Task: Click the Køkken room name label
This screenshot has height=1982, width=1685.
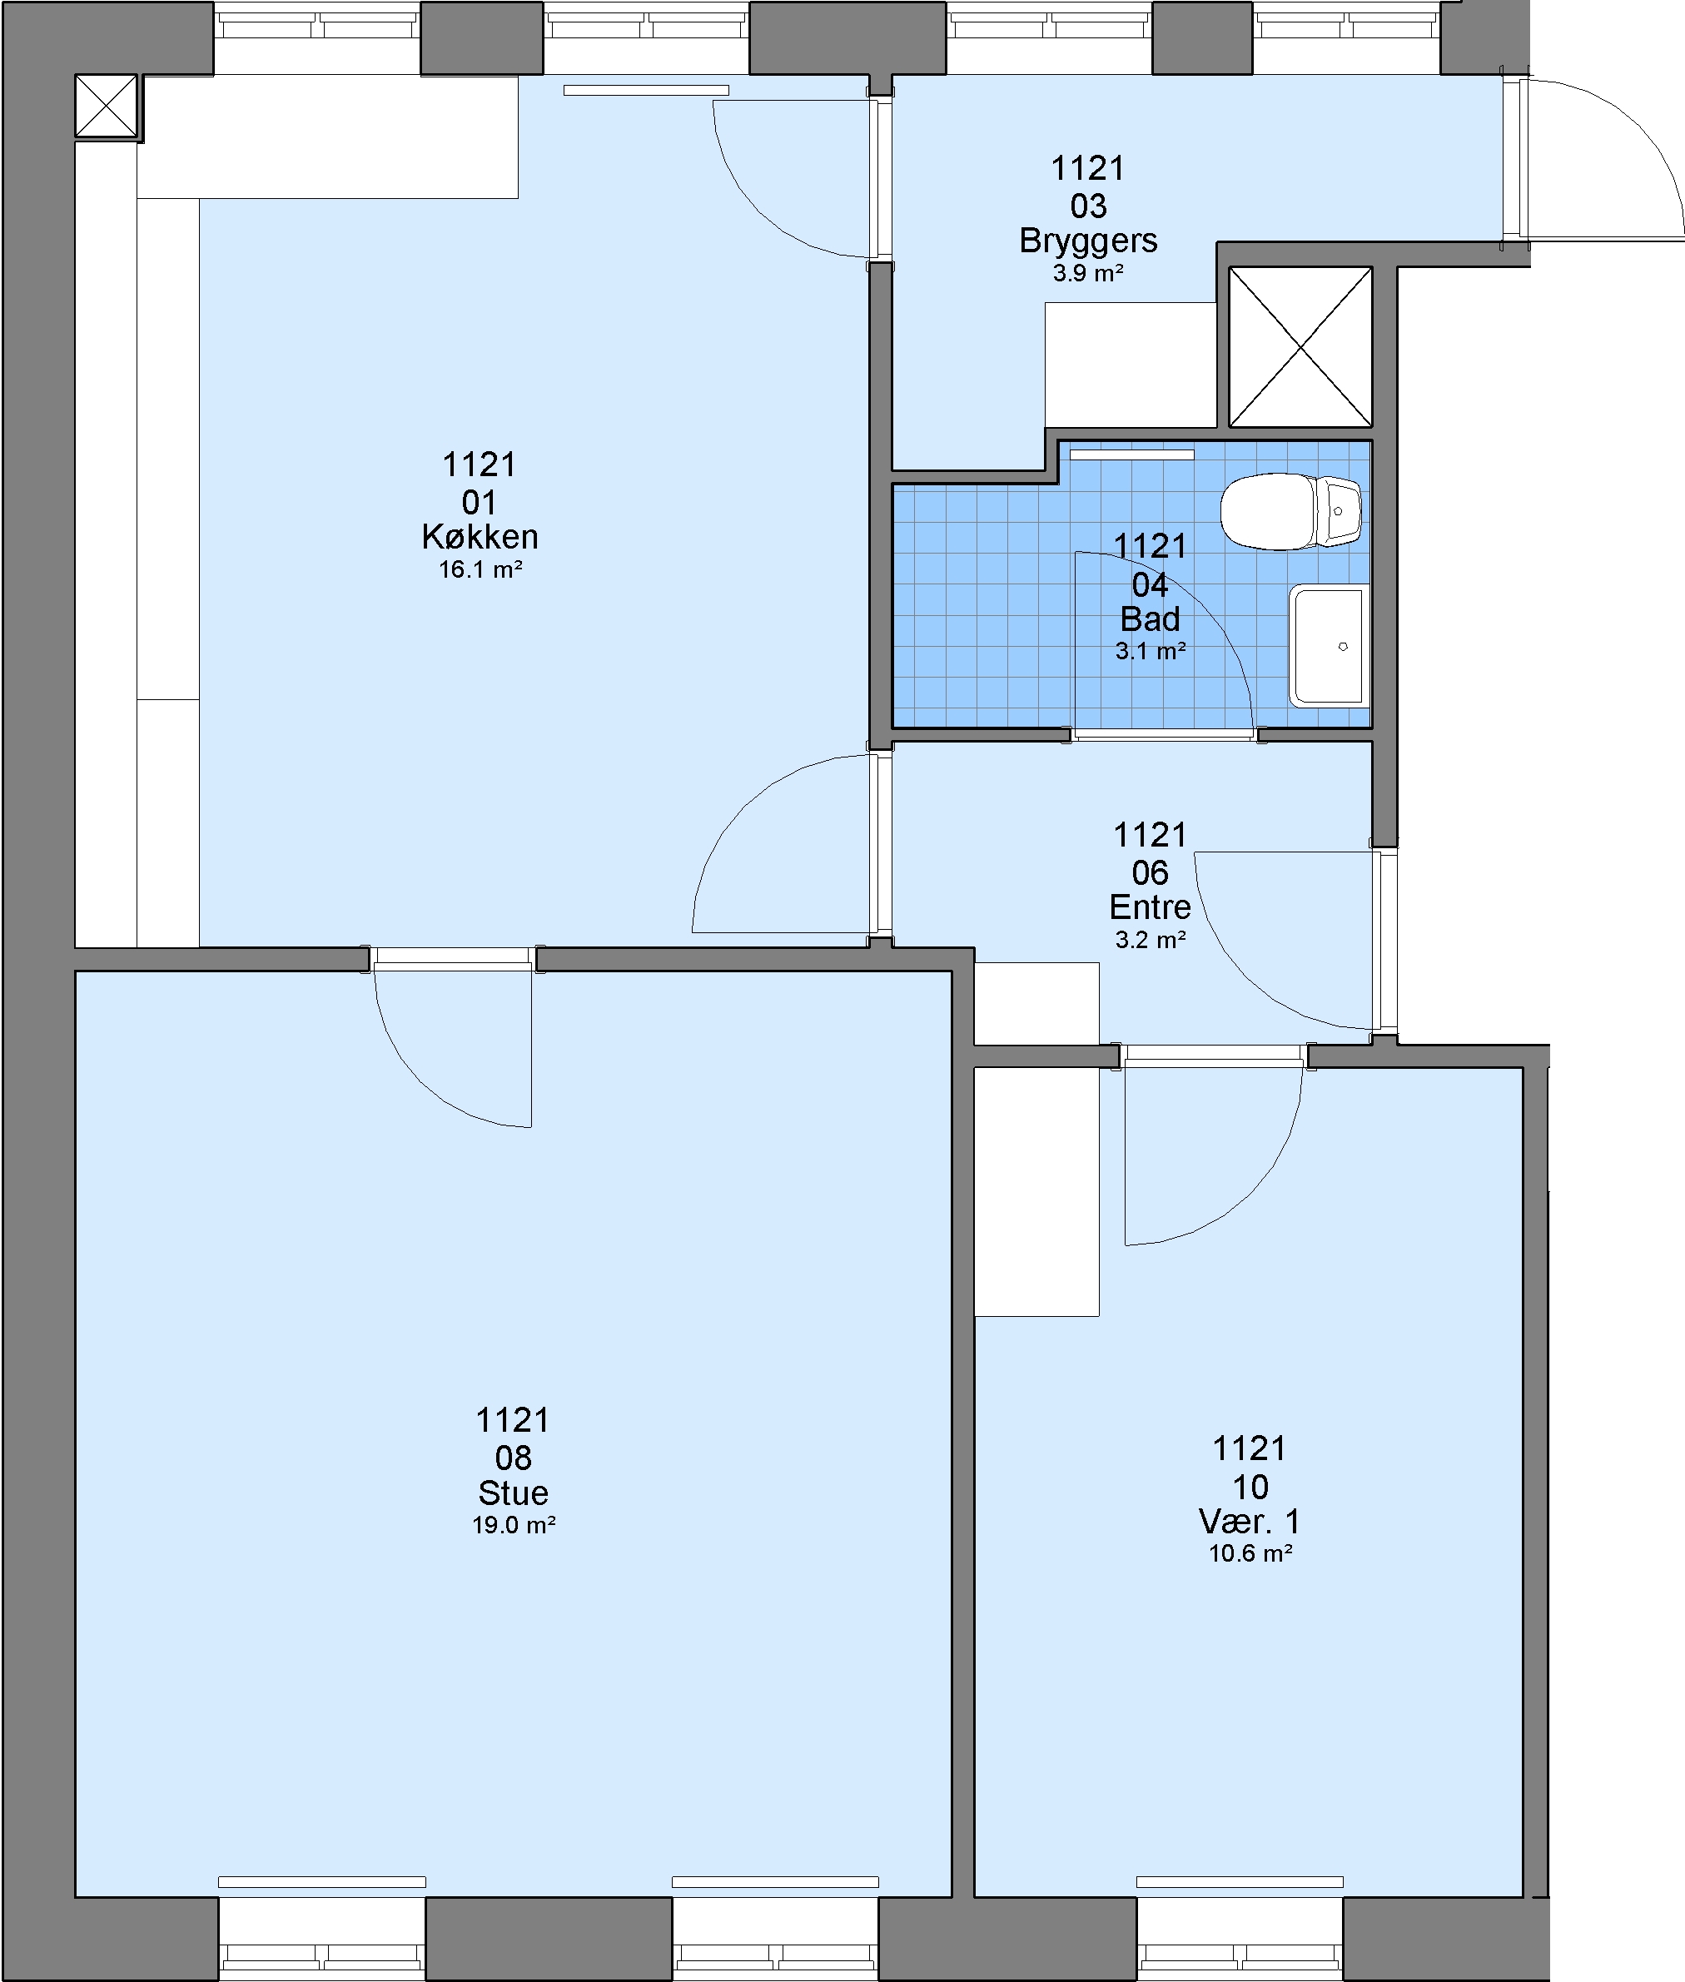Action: tap(480, 537)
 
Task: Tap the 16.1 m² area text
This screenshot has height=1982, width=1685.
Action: tap(480, 570)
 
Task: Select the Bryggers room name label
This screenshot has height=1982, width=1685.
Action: tap(1088, 241)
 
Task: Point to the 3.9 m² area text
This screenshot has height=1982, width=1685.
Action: tap(1088, 273)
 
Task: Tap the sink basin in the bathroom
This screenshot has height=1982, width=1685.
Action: tap(1328, 647)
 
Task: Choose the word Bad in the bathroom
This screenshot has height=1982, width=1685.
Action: tap(1150, 619)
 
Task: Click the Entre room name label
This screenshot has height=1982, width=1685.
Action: tap(1150, 907)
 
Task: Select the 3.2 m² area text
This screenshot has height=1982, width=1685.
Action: tap(1150, 940)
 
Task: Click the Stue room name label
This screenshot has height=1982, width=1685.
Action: tap(513, 1492)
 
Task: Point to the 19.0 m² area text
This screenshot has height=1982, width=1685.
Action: tap(514, 1526)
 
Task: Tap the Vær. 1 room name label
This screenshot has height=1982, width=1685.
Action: tap(1250, 1521)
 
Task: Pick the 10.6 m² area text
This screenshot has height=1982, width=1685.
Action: tap(1250, 1553)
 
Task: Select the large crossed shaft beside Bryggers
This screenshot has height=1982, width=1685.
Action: tap(1300, 347)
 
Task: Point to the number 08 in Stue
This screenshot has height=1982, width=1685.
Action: tap(513, 1458)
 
